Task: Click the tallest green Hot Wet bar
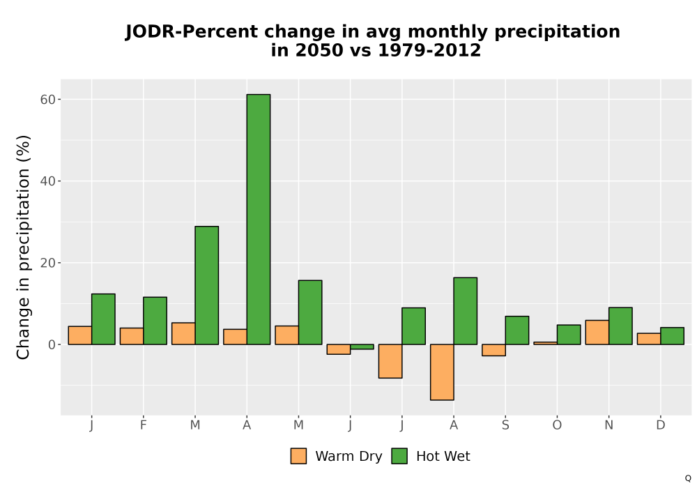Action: tap(259, 219)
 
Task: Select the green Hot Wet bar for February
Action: tap(155, 321)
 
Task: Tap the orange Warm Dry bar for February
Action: tap(132, 336)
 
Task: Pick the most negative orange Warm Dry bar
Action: tap(442, 372)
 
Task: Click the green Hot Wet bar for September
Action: tap(517, 330)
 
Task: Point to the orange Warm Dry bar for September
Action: tap(494, 350)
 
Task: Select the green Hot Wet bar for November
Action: tap(620, 326)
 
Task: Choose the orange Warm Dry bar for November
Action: tap(597, 332)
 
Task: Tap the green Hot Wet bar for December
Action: tap(672, 336)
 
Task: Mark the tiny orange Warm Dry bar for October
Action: tap(546, 343)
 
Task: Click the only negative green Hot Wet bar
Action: tap(362, 346)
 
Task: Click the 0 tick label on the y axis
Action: tap(52, 344)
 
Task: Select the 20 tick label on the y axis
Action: tap(48, 263)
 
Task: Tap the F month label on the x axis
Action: tap(143, 425)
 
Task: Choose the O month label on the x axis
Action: tap(557, 425)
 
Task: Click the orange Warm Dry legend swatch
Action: tap(298, 456)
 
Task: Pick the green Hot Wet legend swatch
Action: tap(399, 456)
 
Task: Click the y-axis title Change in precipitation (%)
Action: tap(23, 247)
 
